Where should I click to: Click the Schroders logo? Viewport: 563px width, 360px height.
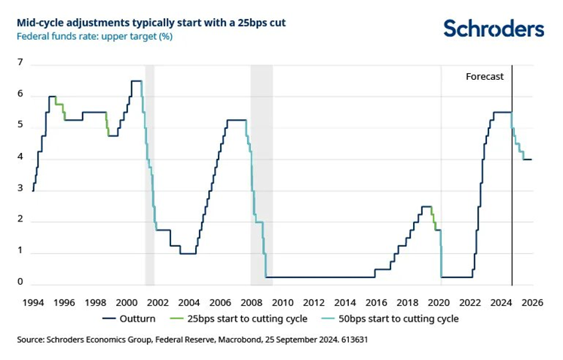pos(493,29)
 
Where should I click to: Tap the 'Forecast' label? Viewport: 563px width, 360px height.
pos(485,77)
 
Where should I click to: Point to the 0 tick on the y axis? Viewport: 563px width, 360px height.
pos(21,284)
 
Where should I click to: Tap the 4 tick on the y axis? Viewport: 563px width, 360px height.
pos(21,159)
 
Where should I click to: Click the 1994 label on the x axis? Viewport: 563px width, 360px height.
pos(32,301)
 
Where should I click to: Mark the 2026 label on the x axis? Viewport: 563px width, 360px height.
pos(532,301)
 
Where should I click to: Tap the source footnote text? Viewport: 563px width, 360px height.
pos(192,340)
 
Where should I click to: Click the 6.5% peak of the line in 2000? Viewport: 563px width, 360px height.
pos(136,81)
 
